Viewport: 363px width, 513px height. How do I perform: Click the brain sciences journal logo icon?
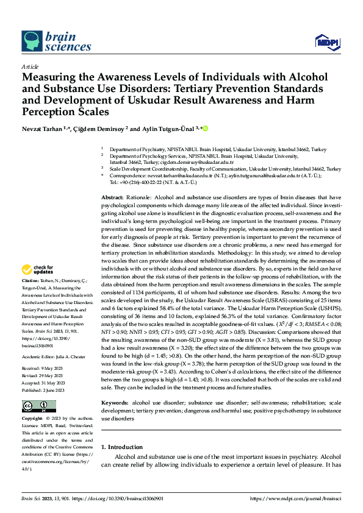pyautogui.click(x=32, y=41)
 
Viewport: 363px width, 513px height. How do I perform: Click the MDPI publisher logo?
pyautogui.click(x=326, y=41)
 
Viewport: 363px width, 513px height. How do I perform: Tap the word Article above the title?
pyautogui.click(x=30, y=66)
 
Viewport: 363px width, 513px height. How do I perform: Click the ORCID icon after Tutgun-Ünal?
pyautogui.click(x=206, y=128)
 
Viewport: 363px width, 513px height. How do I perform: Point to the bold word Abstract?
pyautogui.click(x=112, y=198)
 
